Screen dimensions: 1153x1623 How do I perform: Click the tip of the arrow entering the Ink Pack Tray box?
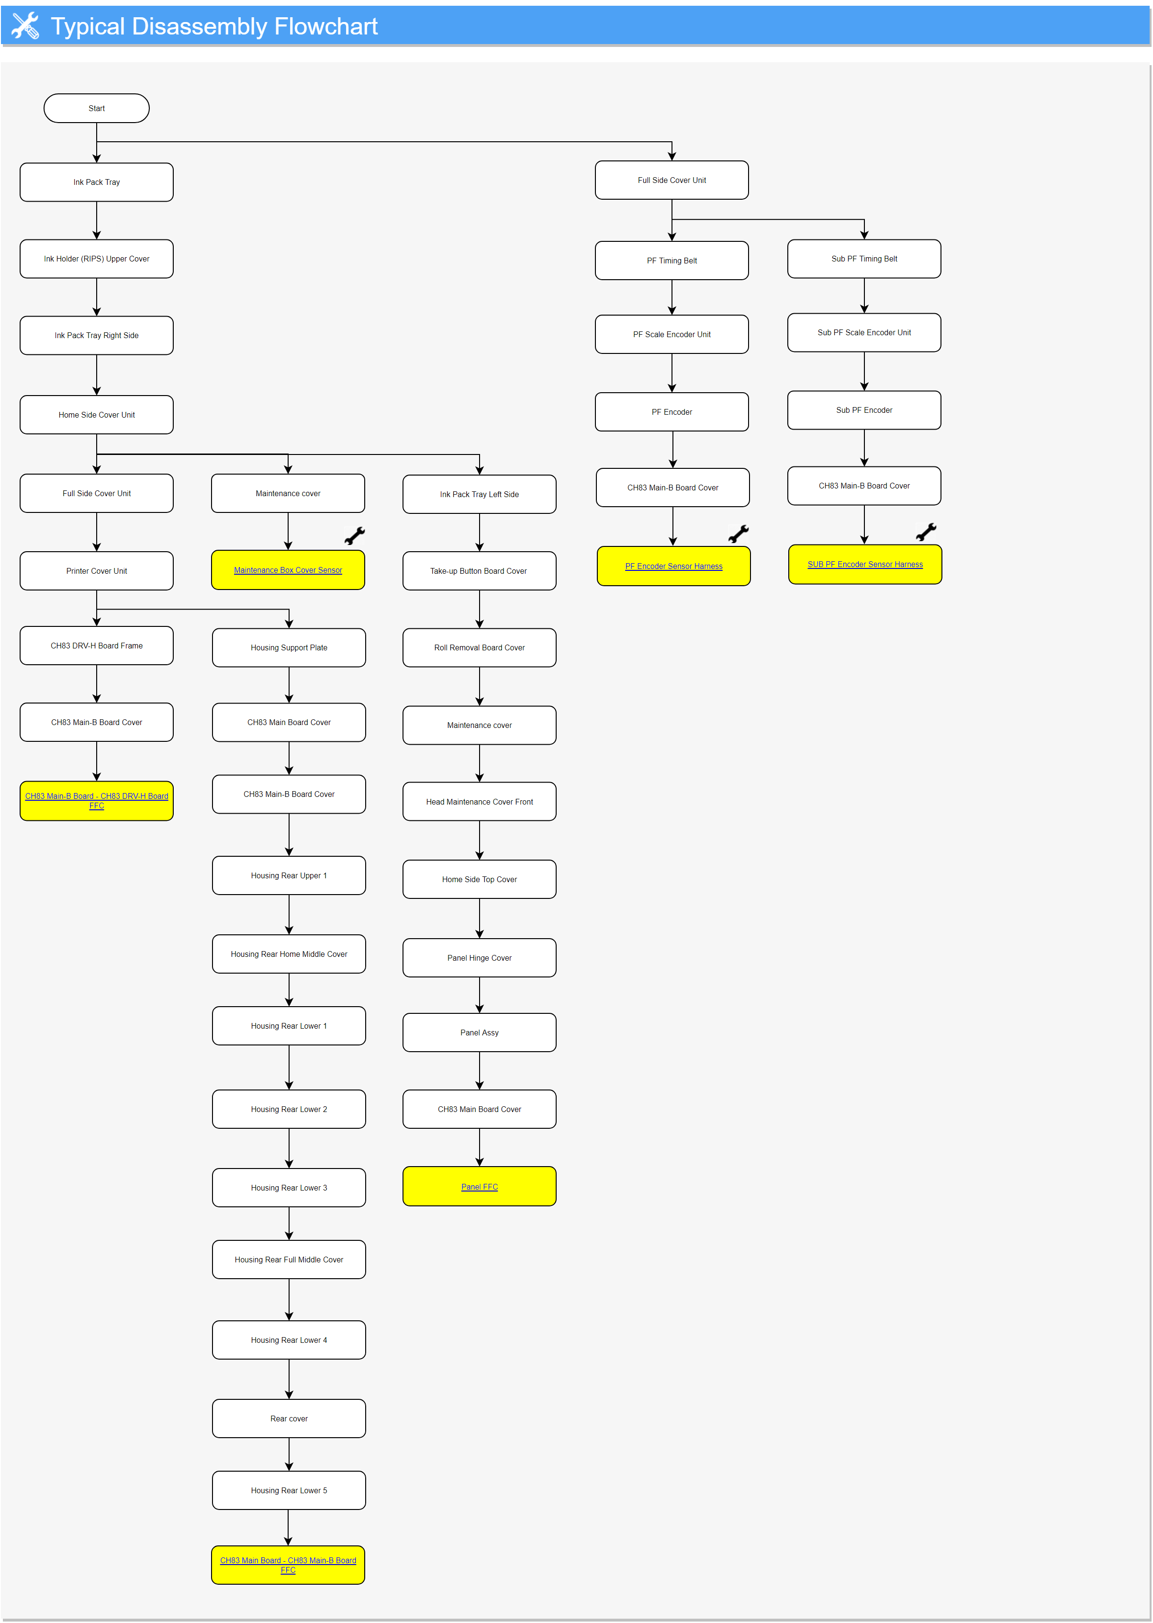pos(97,163)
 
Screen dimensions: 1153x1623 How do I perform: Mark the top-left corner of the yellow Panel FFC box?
pos(403,1167)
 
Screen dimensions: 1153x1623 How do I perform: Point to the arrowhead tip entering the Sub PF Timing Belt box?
pos(864,239)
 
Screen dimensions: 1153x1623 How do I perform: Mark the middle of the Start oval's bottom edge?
pos(97,122)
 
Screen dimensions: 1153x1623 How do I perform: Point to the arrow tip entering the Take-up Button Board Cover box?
pos(479,551)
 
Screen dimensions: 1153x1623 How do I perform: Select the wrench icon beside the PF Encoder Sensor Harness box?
pos(739,533)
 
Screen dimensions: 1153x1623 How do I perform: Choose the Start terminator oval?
pos(97,108)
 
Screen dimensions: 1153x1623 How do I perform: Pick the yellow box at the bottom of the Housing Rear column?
pos(288,1565)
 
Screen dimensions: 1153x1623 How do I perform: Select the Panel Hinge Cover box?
pos(479,957)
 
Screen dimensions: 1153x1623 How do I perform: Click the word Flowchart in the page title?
pos(326,26)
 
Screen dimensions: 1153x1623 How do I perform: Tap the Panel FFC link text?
pos(479,1186)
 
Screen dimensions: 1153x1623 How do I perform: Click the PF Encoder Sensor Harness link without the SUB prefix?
pos(674,566)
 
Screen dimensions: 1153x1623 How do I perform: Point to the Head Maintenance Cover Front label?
pos(479,801)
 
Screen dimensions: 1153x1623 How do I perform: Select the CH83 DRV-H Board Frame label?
pos(97,646)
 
